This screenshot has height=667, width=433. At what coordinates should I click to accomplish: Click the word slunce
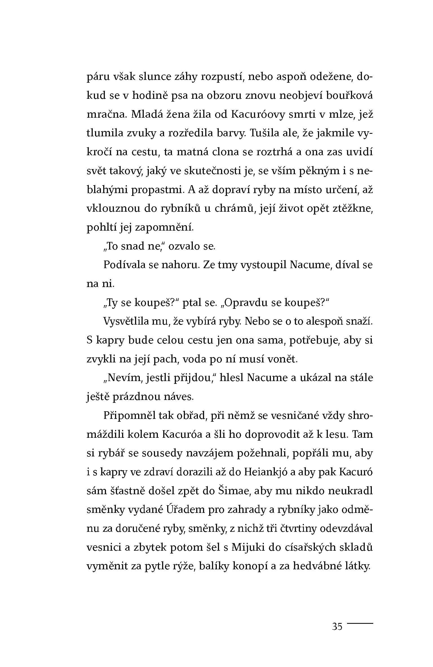point(157,77)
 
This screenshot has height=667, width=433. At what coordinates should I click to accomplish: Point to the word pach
point(167,359)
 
